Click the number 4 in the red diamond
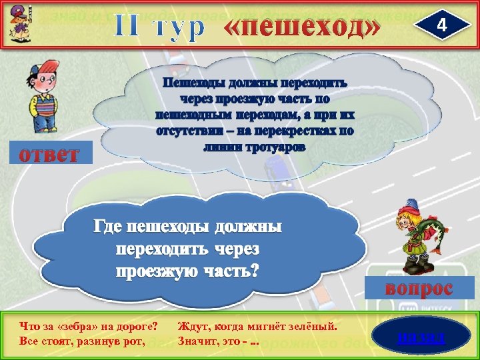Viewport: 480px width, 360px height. click(x=439, y=25)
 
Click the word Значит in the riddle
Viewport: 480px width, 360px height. click(x=199, y=342)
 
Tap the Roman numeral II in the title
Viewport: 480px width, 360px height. click(x=129, y=26)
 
